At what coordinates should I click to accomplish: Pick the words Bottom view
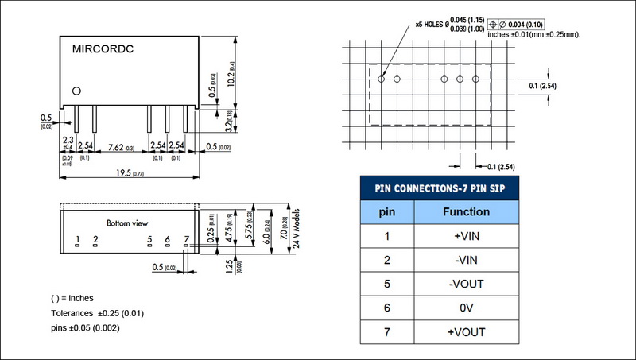[x=131, y=223]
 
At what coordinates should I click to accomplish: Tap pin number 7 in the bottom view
[x=186, y=238]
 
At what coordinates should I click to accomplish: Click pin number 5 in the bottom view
[x=149, y=238]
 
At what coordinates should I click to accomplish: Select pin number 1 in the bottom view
[x=77, y=238]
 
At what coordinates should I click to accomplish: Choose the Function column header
[x=466, y=212]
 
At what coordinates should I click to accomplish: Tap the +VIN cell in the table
[x=466, y=236]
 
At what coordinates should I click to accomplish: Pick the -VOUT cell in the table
[x=466, y=284]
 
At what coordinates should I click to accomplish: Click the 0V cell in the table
[x=466, y=308]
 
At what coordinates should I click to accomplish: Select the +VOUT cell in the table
[x=466, y=331]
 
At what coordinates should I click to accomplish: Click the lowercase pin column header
[x=386, y=212]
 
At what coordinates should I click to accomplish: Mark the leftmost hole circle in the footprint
[x=382, y=79]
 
